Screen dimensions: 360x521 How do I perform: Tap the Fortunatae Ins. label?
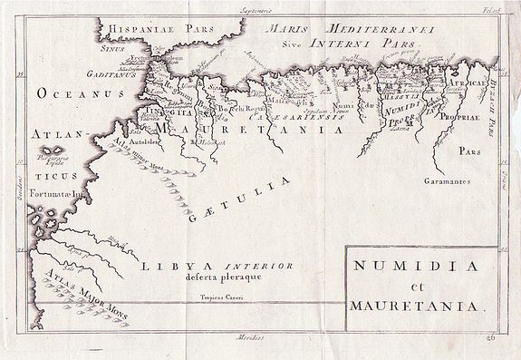coord(63,191)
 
